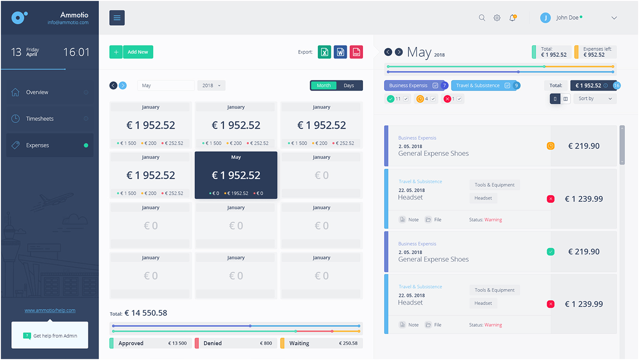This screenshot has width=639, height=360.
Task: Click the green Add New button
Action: (x=138, y=52)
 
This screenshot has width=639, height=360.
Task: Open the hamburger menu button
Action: (x=117, y=18)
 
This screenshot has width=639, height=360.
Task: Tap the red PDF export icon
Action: (x=356, y=52)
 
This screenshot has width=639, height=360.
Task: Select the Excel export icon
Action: (x=325, y=52)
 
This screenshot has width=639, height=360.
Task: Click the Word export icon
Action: (x=340, y=52)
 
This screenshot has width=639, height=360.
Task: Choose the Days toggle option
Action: (x=349, y=85)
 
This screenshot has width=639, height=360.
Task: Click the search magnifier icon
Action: (x=482, y=18)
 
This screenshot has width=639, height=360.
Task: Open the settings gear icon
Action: (x=497, y=18)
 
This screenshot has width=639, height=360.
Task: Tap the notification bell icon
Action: (x=512, y=18)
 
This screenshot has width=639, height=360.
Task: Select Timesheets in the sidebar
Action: (x=40, y=119)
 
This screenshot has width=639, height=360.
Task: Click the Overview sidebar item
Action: (x=37, y=92)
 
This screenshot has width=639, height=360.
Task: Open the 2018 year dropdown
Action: (x=211, y=85)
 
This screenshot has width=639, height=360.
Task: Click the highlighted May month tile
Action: (x=236, y=175)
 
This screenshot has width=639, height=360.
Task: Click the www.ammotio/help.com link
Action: (x=50, y=310)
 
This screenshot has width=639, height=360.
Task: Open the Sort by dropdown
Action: (x=595, y=98)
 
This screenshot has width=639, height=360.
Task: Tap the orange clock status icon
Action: (x=551, y=146)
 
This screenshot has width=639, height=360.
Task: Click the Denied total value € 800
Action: (x=265, y=343)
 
